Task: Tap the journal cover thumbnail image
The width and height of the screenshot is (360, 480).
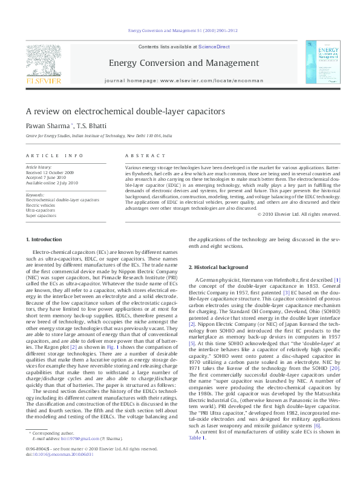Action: pyautogui.click(x=319, y=62)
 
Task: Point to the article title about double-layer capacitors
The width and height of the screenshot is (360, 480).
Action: pyautogui.click(x=125, y=112)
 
